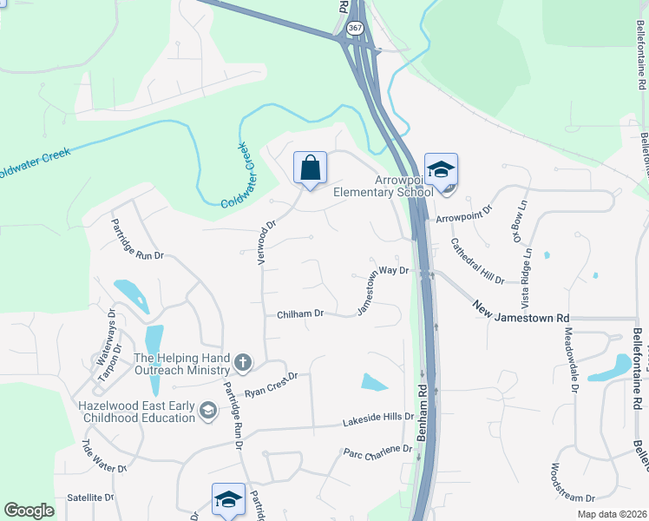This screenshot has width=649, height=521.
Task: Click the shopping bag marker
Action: click(x=310, y=168)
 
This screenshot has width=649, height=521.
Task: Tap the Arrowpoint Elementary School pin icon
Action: click(x=441, y=168)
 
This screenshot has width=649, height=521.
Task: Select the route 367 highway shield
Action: click(x=354, y=28)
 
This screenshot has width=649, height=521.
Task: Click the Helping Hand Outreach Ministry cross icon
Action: click(x=244, y=362)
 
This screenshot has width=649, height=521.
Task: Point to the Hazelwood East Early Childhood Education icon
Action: click(x=207, y=409)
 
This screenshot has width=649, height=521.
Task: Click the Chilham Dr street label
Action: click(x=300, y=313)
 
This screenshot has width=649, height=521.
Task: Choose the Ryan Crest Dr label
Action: click(x=271, y=385)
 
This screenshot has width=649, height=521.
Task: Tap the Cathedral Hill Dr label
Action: click(x=477, y=262)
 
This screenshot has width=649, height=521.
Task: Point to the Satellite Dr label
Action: click(x=90, y=498)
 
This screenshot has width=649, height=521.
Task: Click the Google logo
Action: click(x=29, y=511)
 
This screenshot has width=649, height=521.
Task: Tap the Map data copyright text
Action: click(x=612, y=514)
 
